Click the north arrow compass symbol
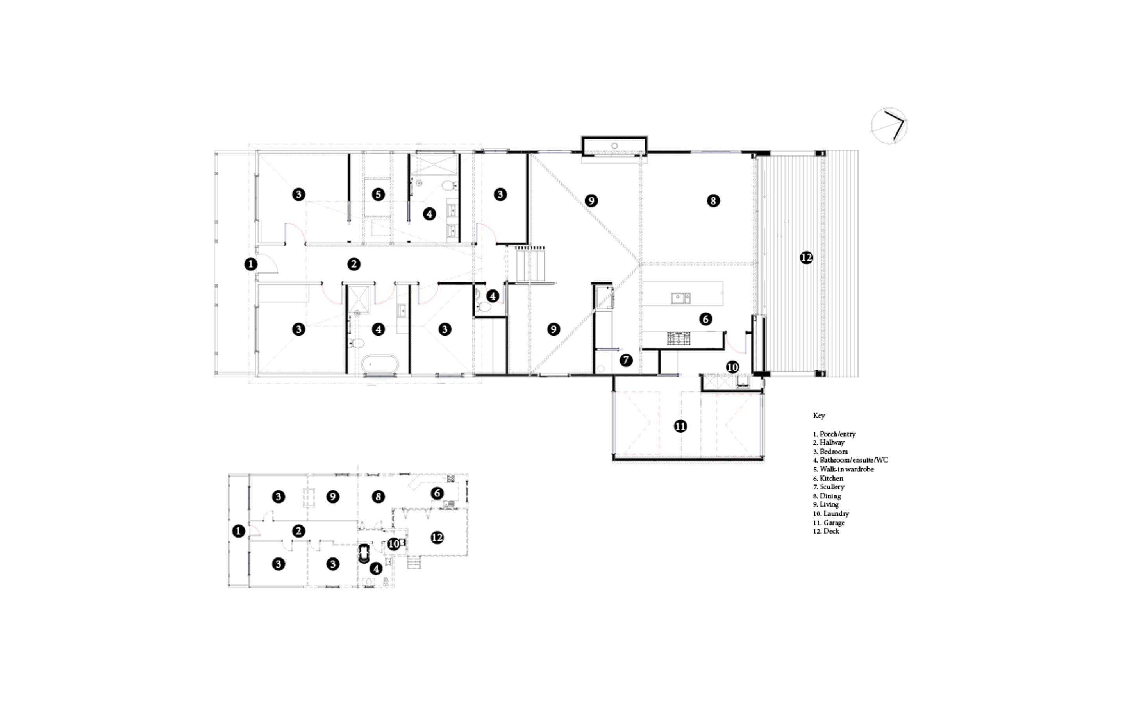[889, 126]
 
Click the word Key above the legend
[819, 416]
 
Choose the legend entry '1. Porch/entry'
[834, 434]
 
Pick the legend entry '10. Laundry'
[831, 514]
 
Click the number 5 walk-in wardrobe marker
[378, 194]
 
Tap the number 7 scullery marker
[625, 360]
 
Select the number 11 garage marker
[680, 427]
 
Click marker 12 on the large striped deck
[806, 257]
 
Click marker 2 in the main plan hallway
[354, 264]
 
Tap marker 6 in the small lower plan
[437, 493]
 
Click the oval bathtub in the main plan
[380, 364]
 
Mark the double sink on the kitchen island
[680, 298]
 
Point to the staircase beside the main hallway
[530, 264]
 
